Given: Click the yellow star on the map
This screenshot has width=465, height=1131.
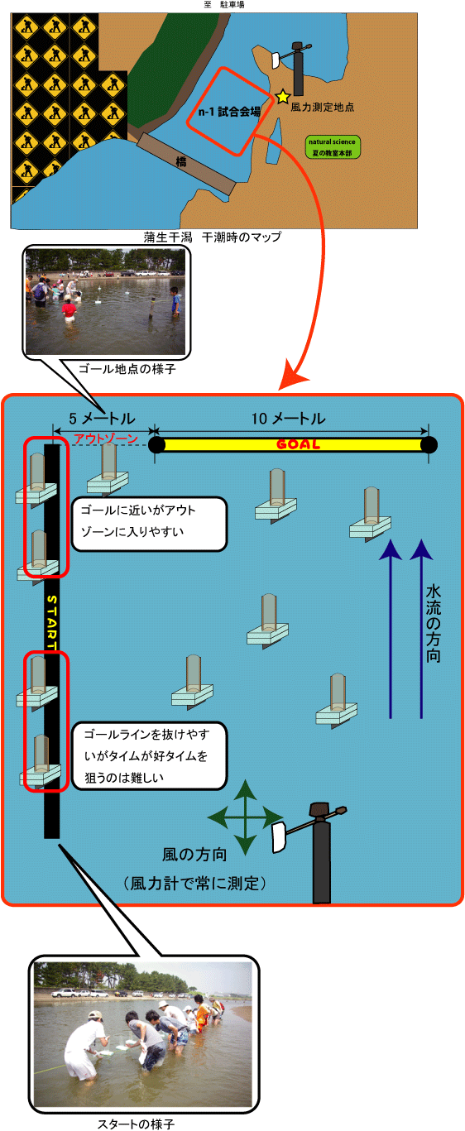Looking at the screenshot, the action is [282, 96].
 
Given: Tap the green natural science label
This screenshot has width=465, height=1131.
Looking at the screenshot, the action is [333, 147].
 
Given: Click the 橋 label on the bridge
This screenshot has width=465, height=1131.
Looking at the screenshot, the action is [180, 161].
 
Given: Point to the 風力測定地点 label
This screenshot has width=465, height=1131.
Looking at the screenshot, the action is [322, 107].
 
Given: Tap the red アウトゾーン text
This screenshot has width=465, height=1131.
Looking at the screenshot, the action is [106, 439].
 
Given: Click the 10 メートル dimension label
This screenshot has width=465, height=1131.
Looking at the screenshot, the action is [288, 419].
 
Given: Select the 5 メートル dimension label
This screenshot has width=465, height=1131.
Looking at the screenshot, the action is [102, 419].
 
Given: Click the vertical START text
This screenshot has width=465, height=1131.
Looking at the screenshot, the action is [52, 622].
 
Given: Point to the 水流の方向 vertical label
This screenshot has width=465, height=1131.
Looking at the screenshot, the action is [434, 624].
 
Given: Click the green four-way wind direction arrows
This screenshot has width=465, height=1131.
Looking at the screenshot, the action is [246, 817].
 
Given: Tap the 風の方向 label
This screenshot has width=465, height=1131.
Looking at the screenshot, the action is [194, 855].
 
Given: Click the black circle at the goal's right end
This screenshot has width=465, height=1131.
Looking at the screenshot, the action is [429, 445].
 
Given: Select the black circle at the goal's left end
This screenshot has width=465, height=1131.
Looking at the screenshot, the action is [156, 445].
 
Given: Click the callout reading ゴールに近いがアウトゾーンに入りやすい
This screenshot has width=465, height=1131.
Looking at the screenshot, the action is [150, 524].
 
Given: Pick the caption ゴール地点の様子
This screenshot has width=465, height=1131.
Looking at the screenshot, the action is [127, 369].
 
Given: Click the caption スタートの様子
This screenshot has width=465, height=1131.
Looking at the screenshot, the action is [136, 1124].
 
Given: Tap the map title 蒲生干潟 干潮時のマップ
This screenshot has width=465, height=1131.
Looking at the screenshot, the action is [212, 237].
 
